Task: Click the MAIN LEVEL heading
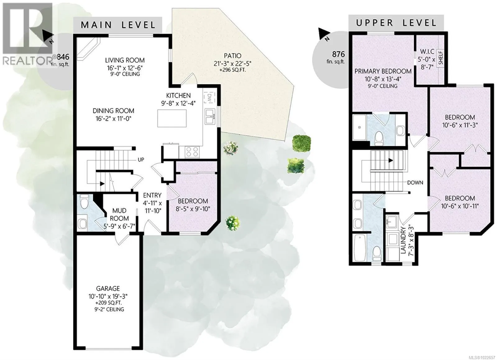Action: pyautogui.click(x=118, y=25)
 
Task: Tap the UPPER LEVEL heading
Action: pyautogui.click(x=396, y=23)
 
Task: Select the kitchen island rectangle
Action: pyautogui.click(x=172, y=118)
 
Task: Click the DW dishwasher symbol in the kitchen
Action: pyautogui.click(x=209, y=98)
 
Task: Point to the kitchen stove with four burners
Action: pyautogui.click(x=192, y=152)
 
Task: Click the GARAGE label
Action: pyautogui.click(x=108, y=288)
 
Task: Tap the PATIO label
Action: pyautogui.click(x=232, y=56)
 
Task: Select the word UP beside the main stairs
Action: pyautogui.click(x=141, y=159)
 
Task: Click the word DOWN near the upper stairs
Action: pyautogui.click(x=415, y=182)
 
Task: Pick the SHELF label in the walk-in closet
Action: pyautogui.click(x=441, y=58)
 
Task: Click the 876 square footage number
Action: pyautogui.click(x=338, y=54)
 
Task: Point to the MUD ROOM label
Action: pyautogui.click(x=119, y=214)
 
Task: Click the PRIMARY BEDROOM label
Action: pyautogui.click(x=383, y=71)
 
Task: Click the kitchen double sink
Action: pyautogui.click(x=210, y=117)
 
